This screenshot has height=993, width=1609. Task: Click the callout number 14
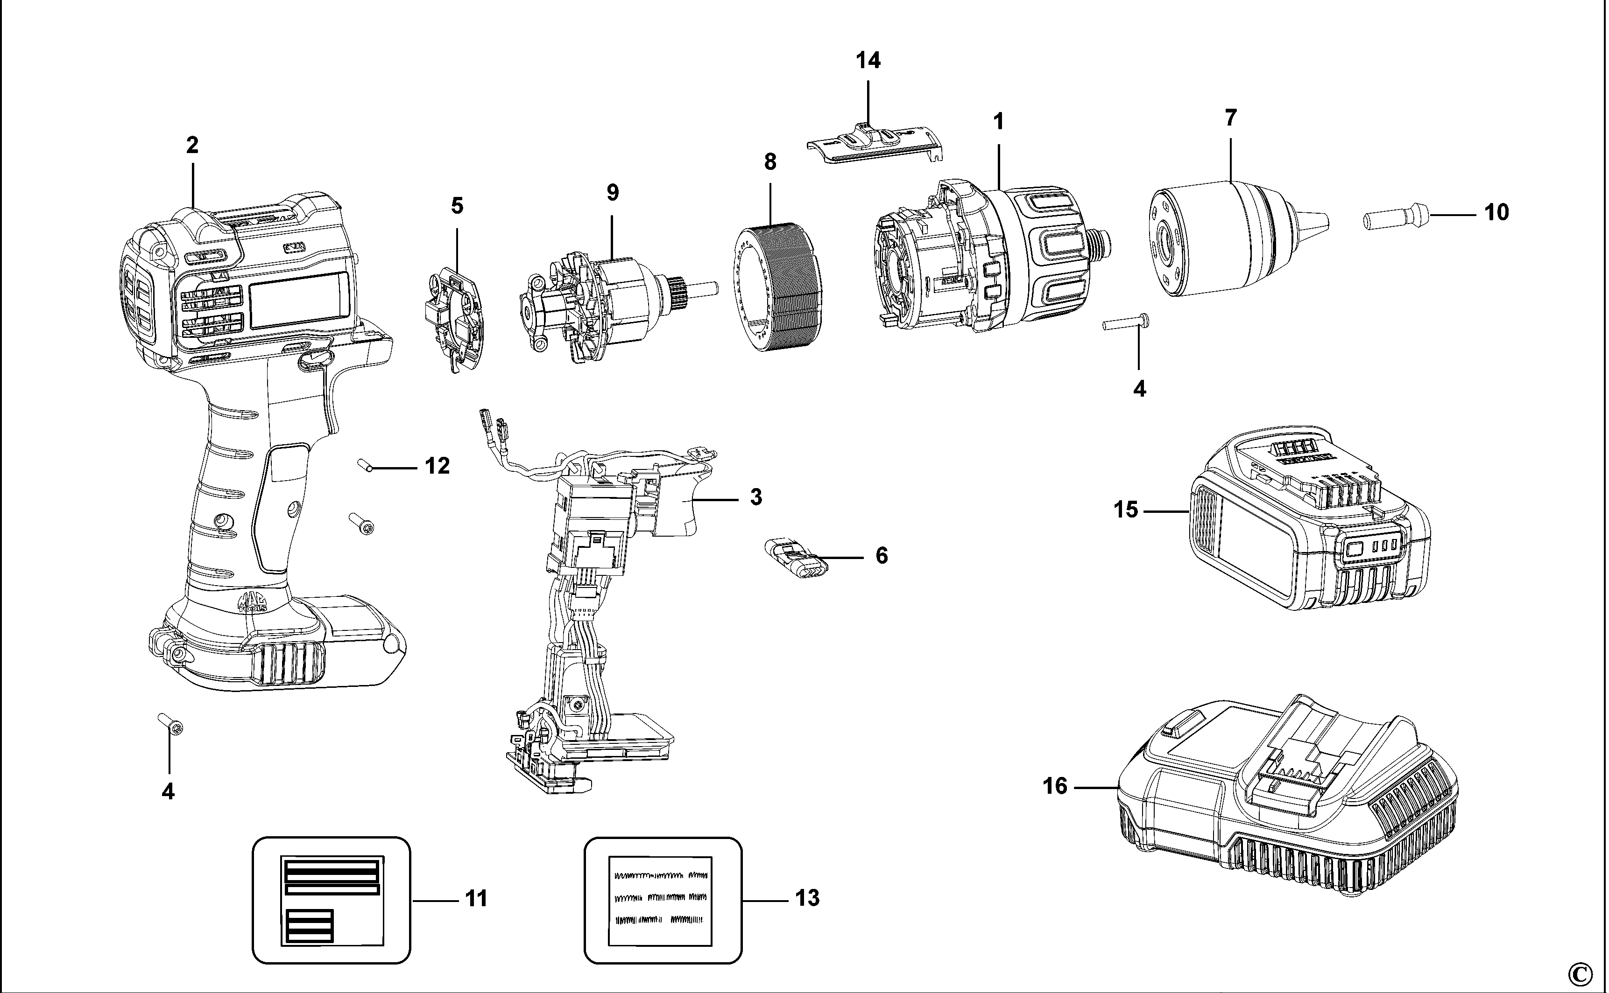click(868, 60)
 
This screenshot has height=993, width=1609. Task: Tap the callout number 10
click(1496, 213)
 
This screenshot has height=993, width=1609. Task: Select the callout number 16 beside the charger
click(1055, 786)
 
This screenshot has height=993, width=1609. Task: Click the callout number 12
click(438, 466)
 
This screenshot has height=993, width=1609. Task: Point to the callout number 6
click(882, 556)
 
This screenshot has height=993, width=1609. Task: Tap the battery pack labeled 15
click(1307, 525)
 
